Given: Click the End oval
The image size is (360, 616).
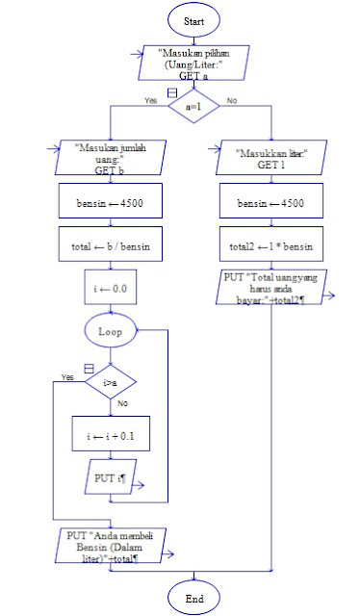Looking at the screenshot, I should [193, 597].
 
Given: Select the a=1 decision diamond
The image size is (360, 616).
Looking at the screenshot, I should [193, 108].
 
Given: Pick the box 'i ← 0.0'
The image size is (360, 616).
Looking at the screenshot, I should [112, 288].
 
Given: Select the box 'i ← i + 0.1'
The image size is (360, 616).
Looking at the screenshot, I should [112, 435].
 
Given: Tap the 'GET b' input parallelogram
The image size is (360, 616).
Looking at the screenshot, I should [112, 158].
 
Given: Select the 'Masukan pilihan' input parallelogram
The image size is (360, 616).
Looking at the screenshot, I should [193, 62].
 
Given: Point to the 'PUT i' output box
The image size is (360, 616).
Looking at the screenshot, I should [112, 477].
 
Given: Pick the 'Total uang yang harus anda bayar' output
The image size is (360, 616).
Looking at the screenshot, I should [274, 288].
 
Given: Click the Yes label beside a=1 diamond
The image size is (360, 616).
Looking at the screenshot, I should [150, 100].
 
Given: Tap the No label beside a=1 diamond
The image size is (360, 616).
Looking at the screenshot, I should [231, 100].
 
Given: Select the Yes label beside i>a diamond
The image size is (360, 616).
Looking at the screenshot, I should [67, 376].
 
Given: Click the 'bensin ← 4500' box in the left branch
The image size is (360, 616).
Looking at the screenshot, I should [112, 203].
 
